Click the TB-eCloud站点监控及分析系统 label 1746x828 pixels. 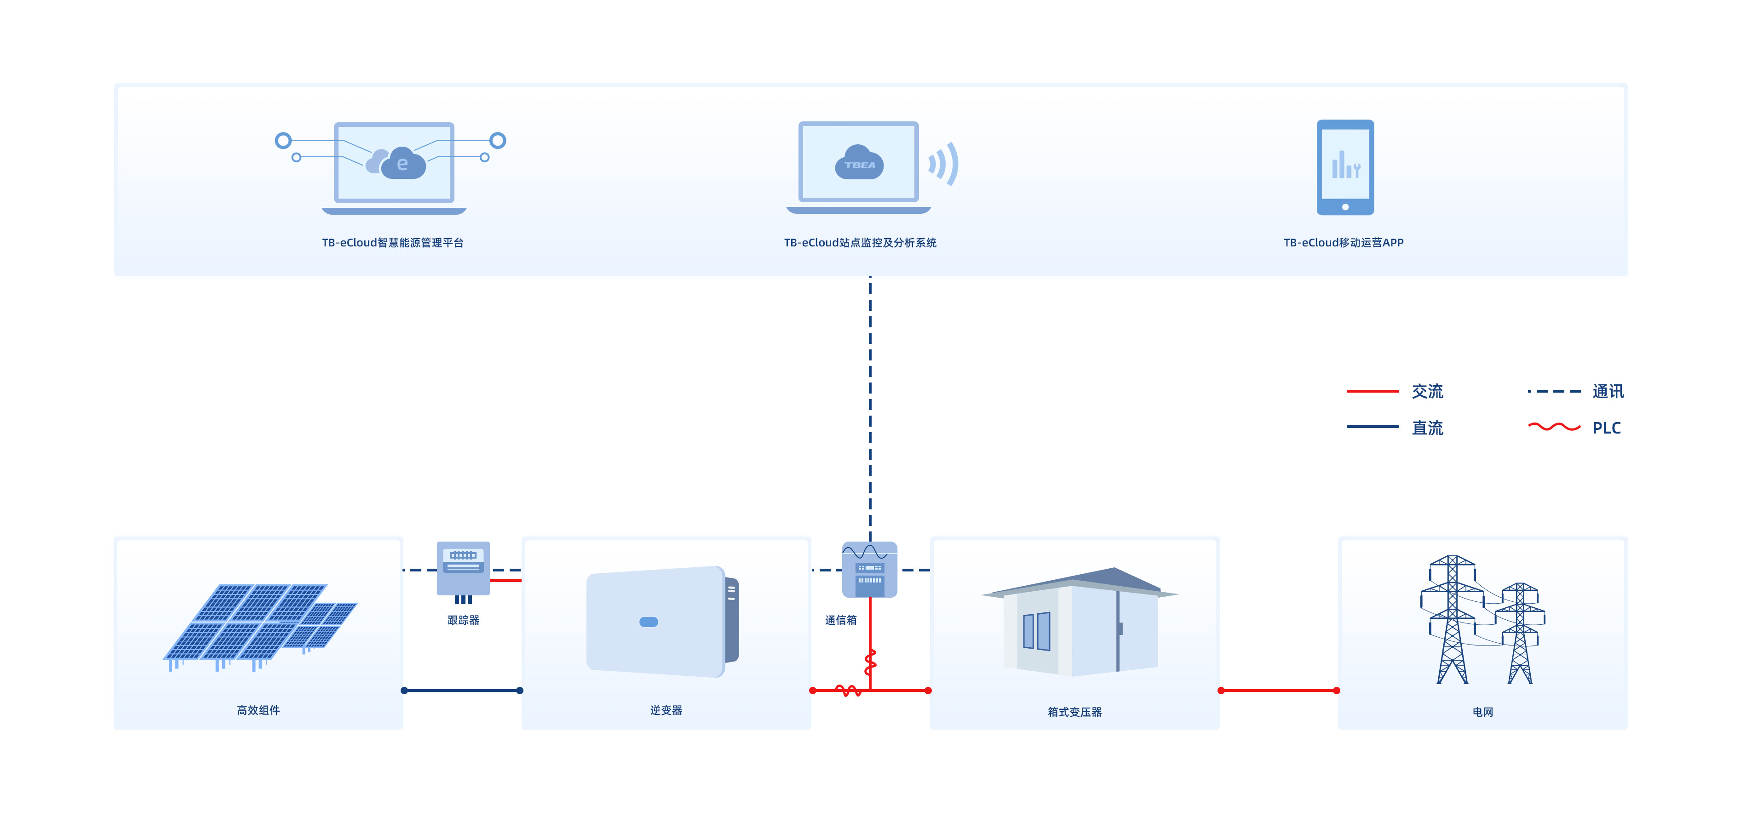[860, 243]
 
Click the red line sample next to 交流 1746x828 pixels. [1372, 391]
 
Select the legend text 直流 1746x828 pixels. [1427, 428]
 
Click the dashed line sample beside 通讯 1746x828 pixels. [1553, 391]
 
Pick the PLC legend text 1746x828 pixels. [1606, 428]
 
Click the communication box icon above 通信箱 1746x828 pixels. [870, 569]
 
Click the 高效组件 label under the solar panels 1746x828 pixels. [258, 710]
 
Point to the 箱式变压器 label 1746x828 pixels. [1074, 712]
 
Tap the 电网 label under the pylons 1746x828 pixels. [1482, 712]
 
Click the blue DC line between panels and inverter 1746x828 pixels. [462, 691]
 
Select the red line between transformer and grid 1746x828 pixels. [1278, 691]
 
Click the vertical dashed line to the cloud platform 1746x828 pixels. [870, 406]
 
